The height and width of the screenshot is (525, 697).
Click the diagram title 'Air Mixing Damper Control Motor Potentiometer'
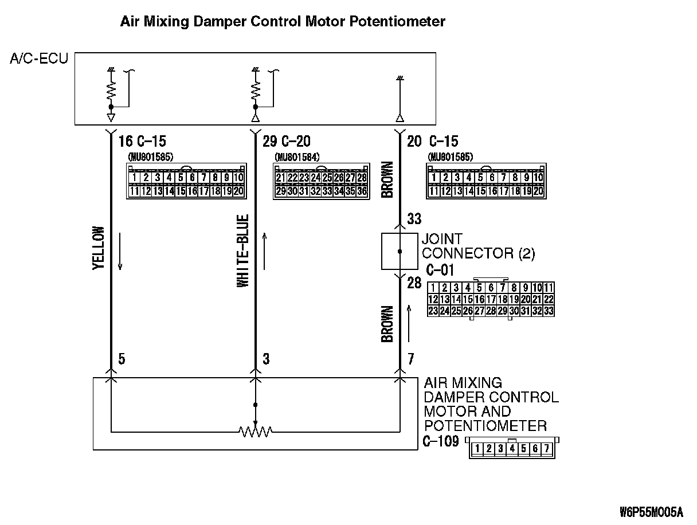(282, 22)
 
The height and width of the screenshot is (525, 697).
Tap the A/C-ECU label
(39, 58)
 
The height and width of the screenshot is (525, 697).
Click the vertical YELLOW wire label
(99, 248)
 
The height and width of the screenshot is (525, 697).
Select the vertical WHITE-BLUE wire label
(243, 251)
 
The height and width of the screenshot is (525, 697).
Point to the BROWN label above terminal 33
(387, 179)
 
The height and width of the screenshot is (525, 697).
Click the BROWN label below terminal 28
(387, 324)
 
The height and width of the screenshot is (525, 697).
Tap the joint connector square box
(400, 252)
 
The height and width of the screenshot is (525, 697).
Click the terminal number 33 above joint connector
(414, 219)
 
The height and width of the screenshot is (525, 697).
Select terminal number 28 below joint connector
(414, 283)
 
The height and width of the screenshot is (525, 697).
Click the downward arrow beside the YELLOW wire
(120, 250)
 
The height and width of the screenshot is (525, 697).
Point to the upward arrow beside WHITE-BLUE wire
(265, 250)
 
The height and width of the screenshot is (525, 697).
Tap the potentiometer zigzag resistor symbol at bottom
(256, 430)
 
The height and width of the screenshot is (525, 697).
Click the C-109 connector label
(440, 441)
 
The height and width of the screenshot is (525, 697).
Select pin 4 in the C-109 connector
(511, 449)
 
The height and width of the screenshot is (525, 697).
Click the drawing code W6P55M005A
(651, 511)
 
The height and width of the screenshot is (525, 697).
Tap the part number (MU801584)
(297, 156)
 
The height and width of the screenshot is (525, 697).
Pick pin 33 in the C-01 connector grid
(548, 311)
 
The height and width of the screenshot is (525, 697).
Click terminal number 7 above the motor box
(410, 359)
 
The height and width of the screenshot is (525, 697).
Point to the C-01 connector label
(440, 270)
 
